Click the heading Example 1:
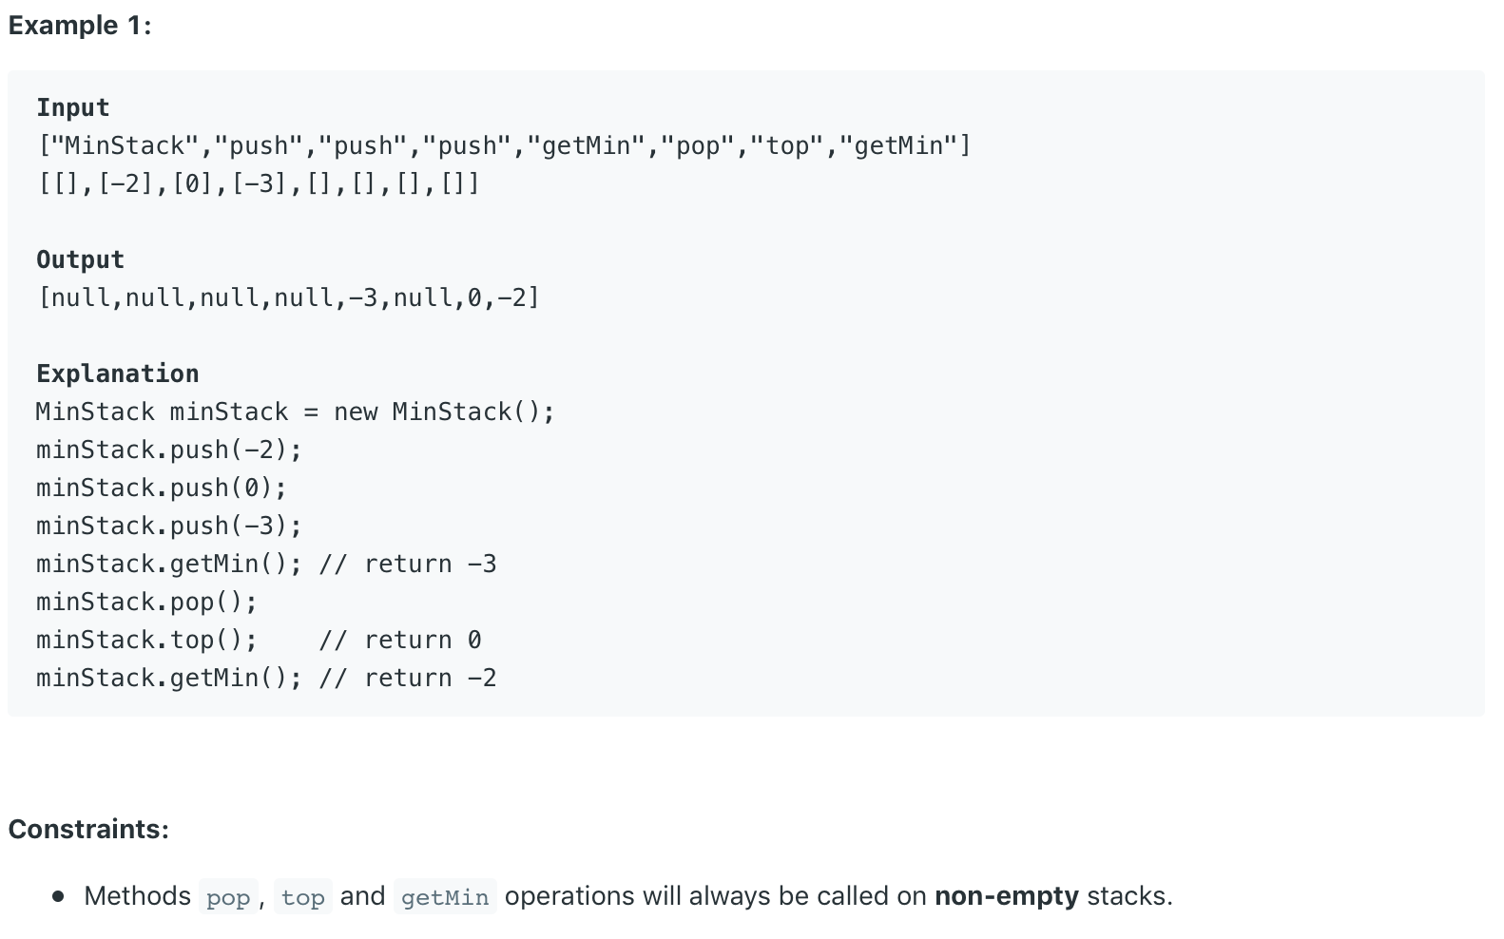coord(80,26)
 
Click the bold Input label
coord(73,107)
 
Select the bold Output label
coord(80,259)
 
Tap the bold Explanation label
coord(118,374)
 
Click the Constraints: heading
coord(88,829)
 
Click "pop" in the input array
coord(698,145)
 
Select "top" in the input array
coord(787,145)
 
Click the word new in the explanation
coord(356,412)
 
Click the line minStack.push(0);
coord(162,488)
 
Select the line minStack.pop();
coord(146,602)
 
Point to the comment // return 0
coord(400,640)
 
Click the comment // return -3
coord(408,564)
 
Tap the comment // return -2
coord(408,678)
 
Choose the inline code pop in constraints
coord(228,897)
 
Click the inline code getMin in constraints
coord(445,897)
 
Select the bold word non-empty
coord(1006,896)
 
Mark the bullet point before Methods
coord(59,896)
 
